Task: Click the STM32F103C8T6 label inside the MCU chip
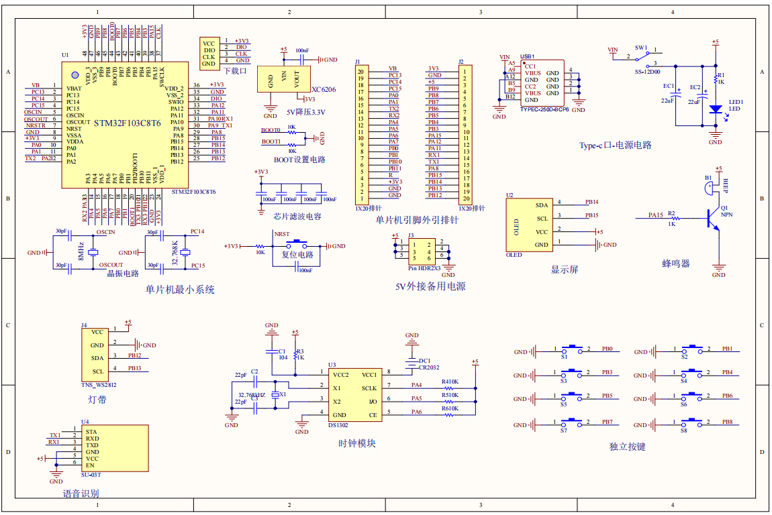point(127,123)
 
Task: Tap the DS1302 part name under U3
point(338,425)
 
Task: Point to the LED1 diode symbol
point(715,109)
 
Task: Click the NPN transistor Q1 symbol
point(713,217)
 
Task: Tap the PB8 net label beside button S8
point(727,422)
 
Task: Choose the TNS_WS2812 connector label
point(99,386)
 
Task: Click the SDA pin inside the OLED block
point(541,205)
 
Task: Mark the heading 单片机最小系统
point(180,290)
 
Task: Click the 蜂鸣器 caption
point(675,264)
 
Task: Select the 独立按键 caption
point(627,446)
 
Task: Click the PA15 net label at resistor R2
point(655,215)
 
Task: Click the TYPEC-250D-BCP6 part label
point(544,109)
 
